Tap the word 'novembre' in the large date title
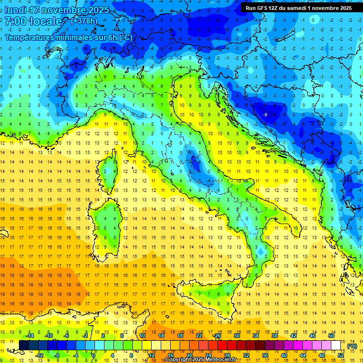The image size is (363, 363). tap(64, 10)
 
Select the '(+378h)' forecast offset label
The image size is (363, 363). tap(84, 21)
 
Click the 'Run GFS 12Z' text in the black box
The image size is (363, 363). tap(261, 8)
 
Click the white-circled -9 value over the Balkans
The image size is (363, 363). tap(266, 114)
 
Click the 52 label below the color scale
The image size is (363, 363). tap(341, 355)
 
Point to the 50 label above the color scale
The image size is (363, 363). tap(331, 336)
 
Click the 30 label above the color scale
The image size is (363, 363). tap(236, 336)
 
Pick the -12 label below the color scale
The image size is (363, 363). tap(39, 355)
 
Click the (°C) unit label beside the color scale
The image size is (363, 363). tap(352, 346)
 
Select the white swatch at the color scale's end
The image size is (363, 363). tap(336, 345)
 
